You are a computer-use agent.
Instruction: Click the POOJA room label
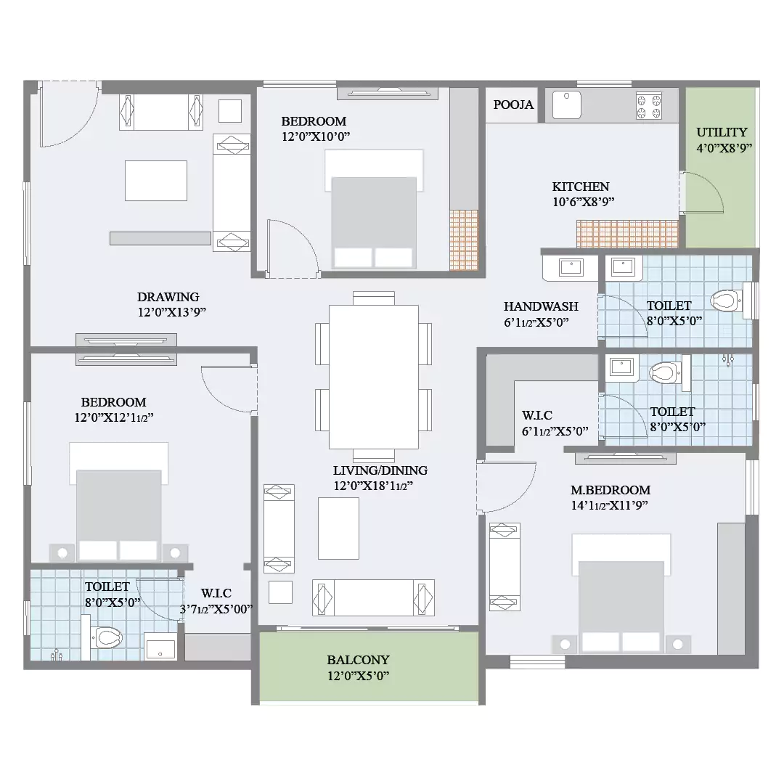(513, 105)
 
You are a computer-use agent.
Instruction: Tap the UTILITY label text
(722, 133)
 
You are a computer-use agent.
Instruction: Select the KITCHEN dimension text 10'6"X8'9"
(583, 202)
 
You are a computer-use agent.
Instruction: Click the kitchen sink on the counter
(566, 105)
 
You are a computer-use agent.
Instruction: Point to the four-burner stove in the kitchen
(649, 105)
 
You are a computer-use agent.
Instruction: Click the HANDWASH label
(541, 306)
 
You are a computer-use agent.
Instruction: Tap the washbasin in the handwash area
(571, 267)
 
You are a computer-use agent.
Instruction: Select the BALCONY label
(358, 659)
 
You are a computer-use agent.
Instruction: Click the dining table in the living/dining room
(374, 377)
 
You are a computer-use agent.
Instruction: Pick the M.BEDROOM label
(611, 490)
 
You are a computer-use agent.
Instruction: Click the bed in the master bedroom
(621, 594)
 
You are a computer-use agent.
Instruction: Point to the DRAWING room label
(168, 297)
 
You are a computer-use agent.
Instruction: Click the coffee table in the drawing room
(156, 181)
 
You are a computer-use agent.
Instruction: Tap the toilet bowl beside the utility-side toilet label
(725, 301)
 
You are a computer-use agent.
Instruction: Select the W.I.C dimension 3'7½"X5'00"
(216, 609)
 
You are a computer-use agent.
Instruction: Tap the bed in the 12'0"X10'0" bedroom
(374, 209)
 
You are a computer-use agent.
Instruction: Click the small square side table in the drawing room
(230, 111)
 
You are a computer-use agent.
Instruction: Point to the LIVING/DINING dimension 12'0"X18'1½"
(373, 486)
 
